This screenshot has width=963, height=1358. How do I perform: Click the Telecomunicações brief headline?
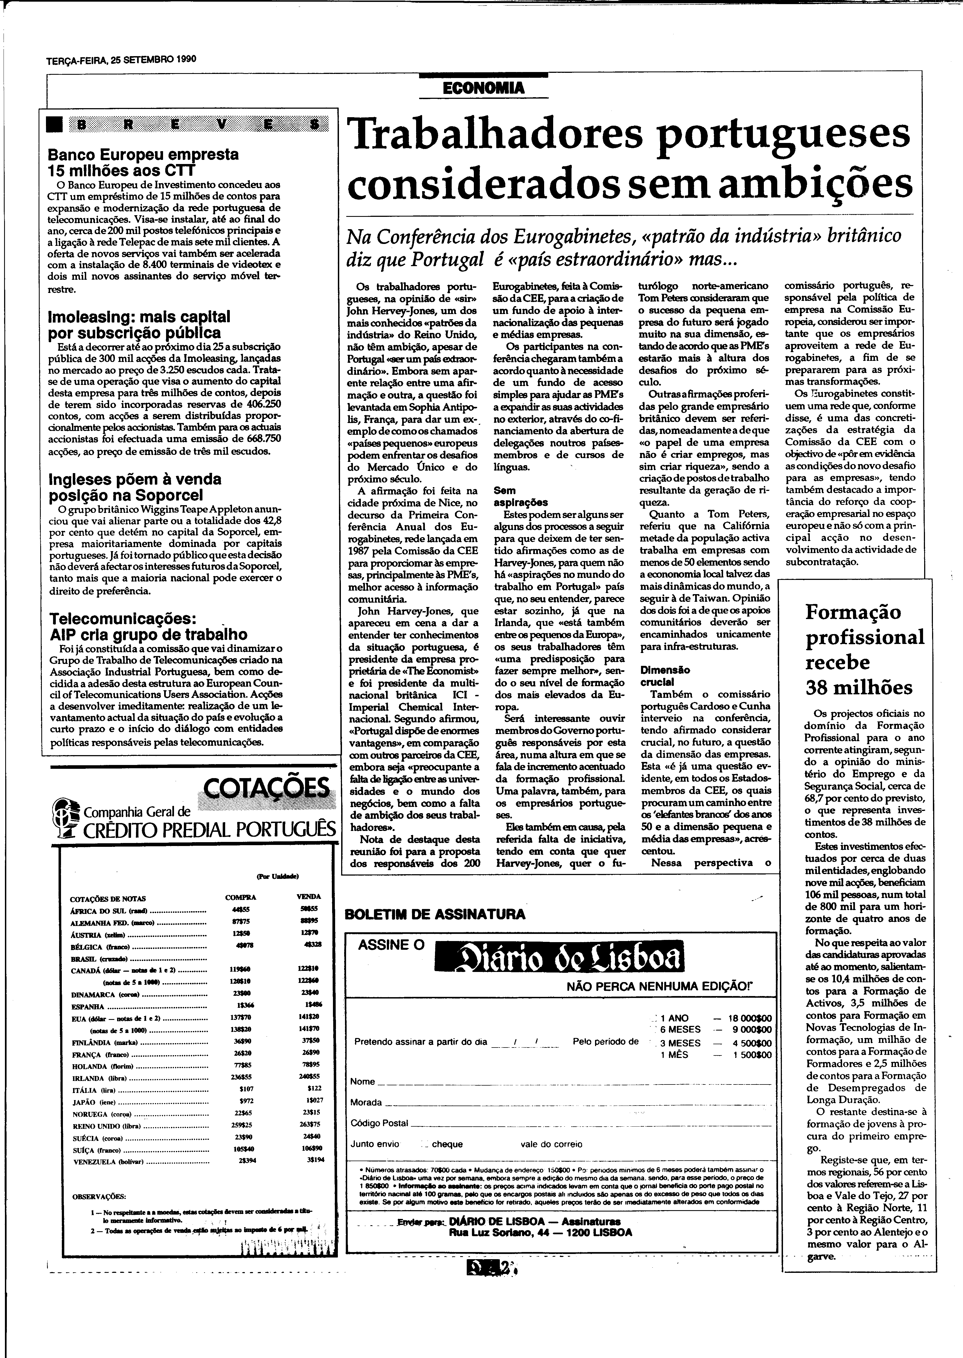point(148,626)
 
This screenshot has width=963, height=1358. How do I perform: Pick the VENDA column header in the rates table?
point(308,896)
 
